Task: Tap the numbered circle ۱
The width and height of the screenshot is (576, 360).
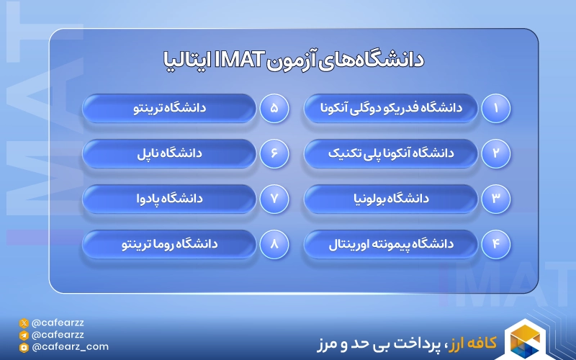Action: pos(495,109)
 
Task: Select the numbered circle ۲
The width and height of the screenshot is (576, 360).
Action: pos(495,153)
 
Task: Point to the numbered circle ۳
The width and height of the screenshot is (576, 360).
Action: pos(495,199)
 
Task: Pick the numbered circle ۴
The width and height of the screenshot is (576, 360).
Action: pos(495,245)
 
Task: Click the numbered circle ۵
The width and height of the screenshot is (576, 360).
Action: pos(274,109)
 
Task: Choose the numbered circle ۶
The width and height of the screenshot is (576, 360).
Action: pos(274,153)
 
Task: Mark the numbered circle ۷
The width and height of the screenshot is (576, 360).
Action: pos(274,199)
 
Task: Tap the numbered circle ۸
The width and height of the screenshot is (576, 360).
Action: pos(274,245)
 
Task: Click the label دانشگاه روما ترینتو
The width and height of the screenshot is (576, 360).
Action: pos(170,245)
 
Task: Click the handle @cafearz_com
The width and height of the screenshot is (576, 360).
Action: pos(70,346)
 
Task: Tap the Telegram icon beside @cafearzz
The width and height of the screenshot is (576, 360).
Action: pos(24,335)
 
